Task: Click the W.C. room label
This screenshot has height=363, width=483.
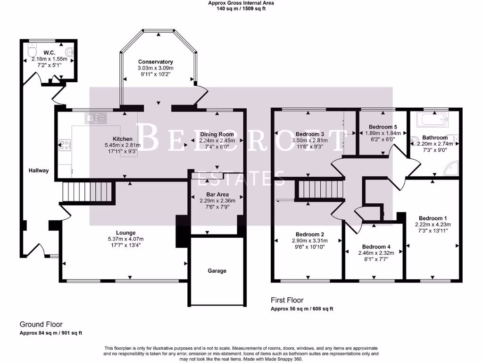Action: (50, 52)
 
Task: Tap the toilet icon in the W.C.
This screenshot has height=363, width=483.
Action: (32, 49)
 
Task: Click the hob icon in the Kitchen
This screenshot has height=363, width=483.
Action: (64, 146)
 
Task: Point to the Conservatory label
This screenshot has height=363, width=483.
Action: (155, 62)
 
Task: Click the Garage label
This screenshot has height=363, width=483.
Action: (217, 271)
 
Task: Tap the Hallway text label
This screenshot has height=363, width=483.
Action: (39, 170)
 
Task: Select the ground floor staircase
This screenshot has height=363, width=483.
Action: (88, 192)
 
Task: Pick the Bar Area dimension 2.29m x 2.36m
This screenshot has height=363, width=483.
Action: (217, 200)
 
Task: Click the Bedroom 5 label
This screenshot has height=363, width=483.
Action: (383, 127)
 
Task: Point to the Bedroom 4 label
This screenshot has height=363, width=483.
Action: (376, 247)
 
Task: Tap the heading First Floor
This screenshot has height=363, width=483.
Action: (287, 300)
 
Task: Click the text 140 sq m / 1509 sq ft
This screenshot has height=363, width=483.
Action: (241, 9)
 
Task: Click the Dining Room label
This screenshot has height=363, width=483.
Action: (217, 134)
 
